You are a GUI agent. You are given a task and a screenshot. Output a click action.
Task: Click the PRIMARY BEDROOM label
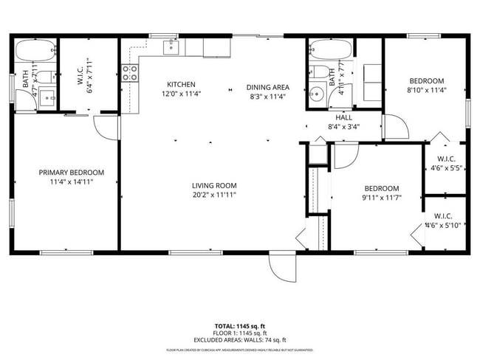point(72,172)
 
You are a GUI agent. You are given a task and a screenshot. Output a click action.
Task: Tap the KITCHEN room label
point(181,84)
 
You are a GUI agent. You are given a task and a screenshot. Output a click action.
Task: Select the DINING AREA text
point(267,87)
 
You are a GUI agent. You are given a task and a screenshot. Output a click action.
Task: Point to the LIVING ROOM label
point(214,185)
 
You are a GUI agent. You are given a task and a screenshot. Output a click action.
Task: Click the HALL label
point(344,117)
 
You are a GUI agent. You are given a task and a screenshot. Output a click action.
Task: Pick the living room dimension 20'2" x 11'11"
point(214,195)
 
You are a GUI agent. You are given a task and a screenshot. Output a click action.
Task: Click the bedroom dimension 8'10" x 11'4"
point(427,91)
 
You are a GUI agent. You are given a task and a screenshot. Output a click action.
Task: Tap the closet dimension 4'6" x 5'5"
point(445,167)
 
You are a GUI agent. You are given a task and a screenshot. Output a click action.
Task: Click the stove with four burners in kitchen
point(130,72)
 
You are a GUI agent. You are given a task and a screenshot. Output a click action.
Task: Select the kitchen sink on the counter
point(171,47)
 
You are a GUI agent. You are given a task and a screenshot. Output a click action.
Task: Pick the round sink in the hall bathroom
point(316,94)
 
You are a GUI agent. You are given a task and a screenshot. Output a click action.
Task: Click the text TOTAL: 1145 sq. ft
point(240,325)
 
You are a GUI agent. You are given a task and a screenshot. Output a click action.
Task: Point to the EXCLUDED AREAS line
point(240,340)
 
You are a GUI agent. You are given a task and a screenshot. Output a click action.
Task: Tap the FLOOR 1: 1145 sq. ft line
point(240,333)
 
